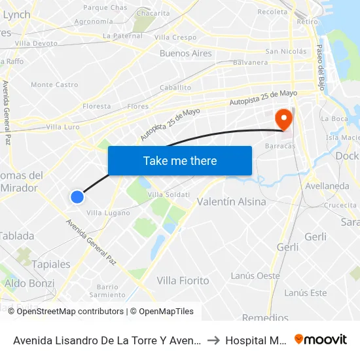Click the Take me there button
[x=180, y=160]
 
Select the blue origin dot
[x=77, y=196]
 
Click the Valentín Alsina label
[x=232, y=202]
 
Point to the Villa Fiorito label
[x=183, y=280]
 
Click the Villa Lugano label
[x=108, y=213]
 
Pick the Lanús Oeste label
[x=255, y=276]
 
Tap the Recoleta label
[x=272, y=12]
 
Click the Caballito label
[x=175, y=87]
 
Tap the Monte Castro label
[x=54, y=84]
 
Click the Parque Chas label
[x=105, y=8]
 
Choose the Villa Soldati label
[x=168, y=194]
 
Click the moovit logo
[x=321, y=339]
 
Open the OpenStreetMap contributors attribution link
[x=70, y=312]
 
